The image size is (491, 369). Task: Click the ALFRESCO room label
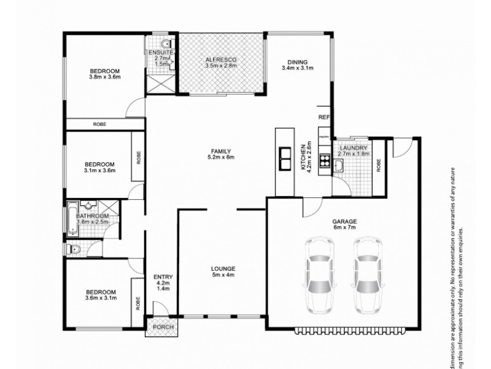click(220, 60)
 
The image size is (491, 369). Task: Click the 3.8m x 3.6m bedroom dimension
click(104, 77)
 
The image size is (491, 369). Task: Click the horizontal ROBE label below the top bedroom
click(99, 125)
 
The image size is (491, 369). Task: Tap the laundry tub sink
click(339, 165)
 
